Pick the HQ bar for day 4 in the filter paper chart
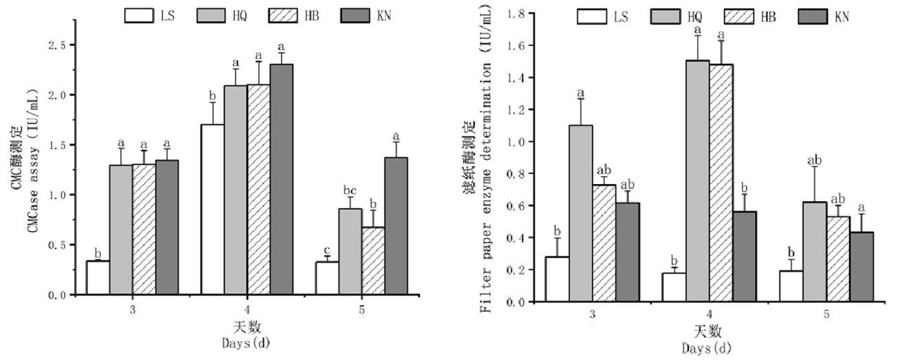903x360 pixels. pyautogui.click(x=698, y=181)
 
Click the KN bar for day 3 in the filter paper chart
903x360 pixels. pyautogui.click(x=627, y=252)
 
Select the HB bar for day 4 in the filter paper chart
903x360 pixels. pyautogui.click(x=721, y=183)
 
